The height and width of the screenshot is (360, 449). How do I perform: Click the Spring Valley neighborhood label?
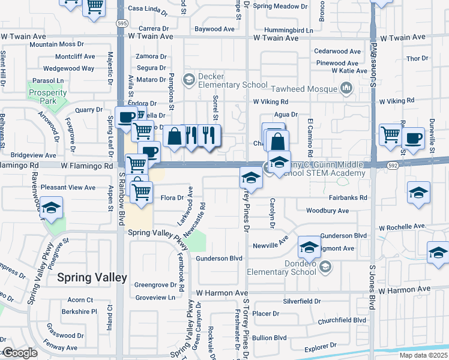click(x=92, y=277)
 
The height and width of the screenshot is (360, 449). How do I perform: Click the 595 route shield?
click(x=122, y=23)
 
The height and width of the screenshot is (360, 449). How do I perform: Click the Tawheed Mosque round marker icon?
click(x=346, y=89)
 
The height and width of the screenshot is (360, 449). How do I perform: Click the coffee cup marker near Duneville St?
click(x=414, y=138)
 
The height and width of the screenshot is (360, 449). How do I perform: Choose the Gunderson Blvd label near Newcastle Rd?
click(x=219, y=258)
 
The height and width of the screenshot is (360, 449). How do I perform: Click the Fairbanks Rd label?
click(x=348, y=197)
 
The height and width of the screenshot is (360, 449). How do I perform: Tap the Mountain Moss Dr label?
click(x=56, y=44)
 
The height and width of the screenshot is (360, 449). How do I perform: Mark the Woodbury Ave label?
click(x=327, y=211)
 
